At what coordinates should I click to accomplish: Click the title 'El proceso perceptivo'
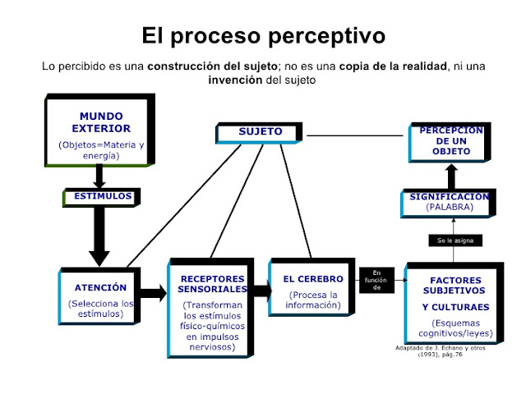(263, 36)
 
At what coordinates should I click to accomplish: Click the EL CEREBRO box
(313, 293)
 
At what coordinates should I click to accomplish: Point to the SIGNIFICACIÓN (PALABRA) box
(450, 202)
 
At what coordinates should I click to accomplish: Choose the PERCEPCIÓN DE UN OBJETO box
(450, 141)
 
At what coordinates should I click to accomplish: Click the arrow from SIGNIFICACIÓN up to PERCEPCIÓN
(451, 175)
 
